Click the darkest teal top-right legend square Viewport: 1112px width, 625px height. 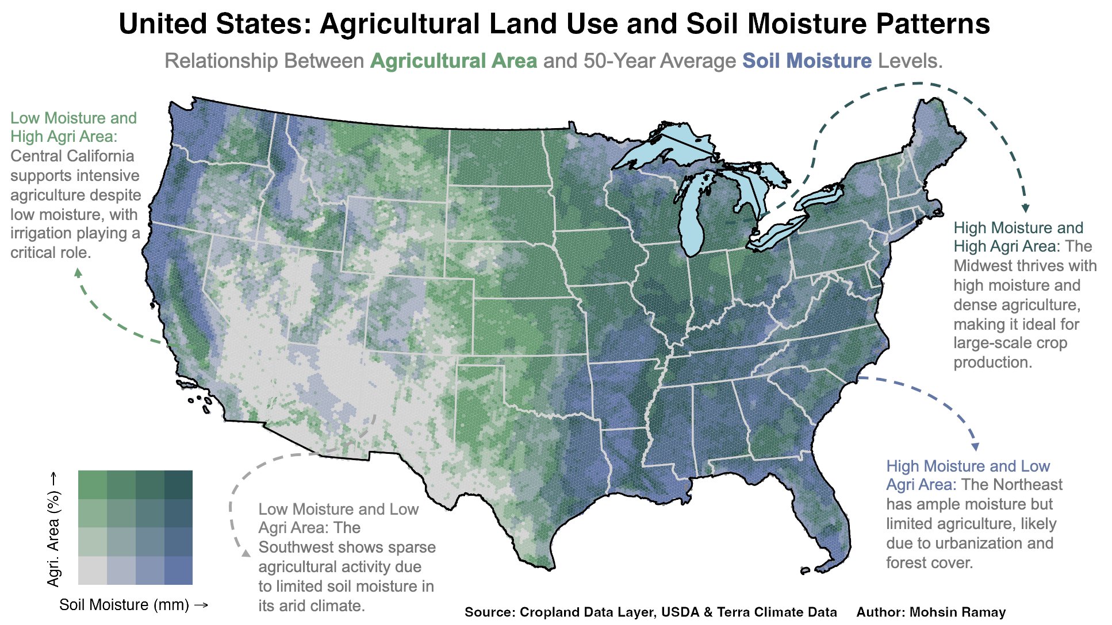coord(178,484)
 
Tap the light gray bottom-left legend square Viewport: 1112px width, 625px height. coord(92,570)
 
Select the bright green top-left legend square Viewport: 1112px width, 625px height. coord(92,484)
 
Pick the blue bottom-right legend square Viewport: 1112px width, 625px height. coord(178,570)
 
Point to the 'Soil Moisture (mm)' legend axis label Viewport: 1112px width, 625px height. coord(133,605)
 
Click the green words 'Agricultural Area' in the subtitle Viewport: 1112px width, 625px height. coord(453,61)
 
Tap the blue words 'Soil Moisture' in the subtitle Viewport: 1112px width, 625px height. coord(807,61)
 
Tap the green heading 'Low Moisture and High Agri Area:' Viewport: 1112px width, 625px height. coord(74,127)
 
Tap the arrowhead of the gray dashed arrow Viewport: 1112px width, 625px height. coord(246,553)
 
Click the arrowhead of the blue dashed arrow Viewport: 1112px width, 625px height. coord(975,446)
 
